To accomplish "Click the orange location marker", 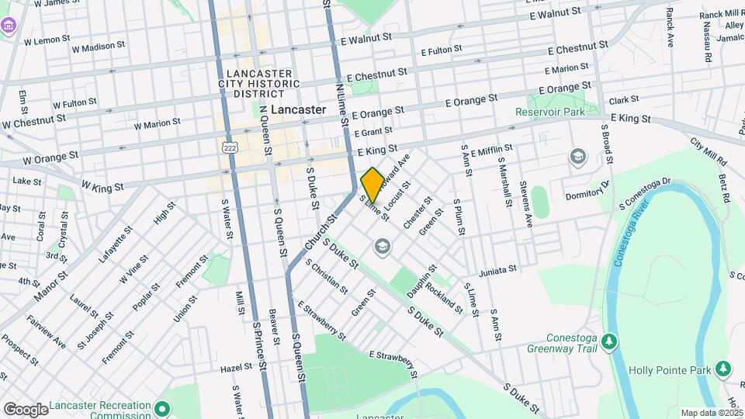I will (x=372, y=185).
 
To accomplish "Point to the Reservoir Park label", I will (x=549, y=112).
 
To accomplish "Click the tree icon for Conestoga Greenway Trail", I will (x=610, y=341).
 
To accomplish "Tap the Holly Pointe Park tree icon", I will (x=723, y=368).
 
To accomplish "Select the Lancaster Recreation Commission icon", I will (x=162, y=407).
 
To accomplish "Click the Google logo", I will (x=26, y=409).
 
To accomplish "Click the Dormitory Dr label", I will (x=589, y=189).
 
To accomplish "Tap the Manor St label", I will (x=51, y=286).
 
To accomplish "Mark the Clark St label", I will (x=623, y=100).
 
